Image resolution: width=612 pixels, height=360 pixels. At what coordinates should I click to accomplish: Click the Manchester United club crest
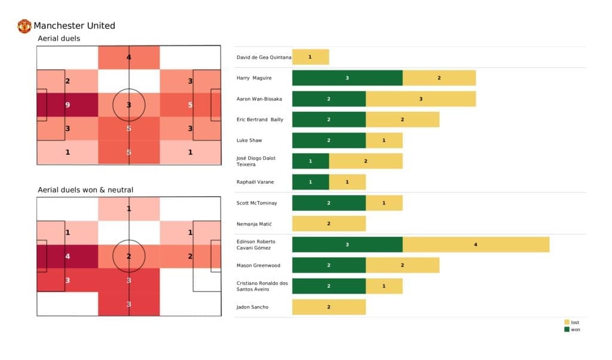25,26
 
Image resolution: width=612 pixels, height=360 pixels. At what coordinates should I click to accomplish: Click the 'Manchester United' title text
74,26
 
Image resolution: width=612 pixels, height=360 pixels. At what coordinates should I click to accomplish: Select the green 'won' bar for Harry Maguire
347,78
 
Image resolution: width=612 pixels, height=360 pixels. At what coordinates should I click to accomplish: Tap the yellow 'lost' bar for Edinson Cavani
476,245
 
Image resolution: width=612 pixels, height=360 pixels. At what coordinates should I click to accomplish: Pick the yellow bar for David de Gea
310,57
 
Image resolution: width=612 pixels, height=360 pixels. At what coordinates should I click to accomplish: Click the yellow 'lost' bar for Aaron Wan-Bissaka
421,99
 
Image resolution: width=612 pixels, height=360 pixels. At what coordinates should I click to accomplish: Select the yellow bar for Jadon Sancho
329,307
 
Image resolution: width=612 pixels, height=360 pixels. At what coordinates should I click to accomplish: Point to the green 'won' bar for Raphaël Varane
310,182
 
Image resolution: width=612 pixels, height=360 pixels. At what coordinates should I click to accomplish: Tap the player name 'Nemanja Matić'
255,224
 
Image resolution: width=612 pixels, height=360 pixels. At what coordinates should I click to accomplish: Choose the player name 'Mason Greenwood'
258,266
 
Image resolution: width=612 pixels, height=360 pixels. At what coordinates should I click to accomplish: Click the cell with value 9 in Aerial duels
68,105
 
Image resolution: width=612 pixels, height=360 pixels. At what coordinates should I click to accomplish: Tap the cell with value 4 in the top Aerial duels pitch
129,58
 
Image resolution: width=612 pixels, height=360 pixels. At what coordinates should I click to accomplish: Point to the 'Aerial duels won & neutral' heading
85,190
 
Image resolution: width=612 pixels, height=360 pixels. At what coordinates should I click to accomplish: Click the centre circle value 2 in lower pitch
129,257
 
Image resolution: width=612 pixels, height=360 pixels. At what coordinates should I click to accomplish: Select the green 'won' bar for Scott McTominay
329,203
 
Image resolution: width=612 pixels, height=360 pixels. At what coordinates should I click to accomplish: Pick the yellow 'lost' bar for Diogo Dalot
366,161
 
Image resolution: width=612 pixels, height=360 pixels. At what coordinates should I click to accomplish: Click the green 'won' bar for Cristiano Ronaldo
329,286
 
